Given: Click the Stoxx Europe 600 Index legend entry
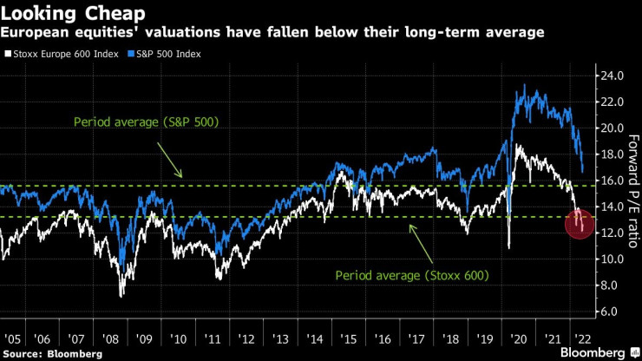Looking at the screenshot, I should [x=54, y=54].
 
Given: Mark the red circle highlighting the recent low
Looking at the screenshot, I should [x=580, y=225].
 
